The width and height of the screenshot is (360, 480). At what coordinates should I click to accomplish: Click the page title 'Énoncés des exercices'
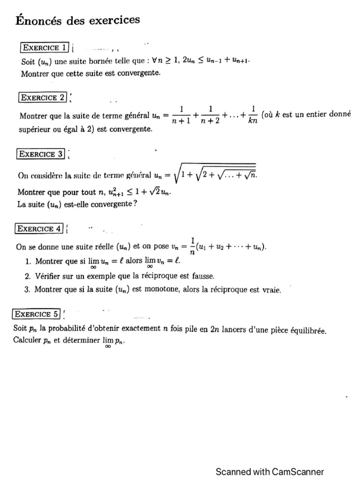pos(78,20)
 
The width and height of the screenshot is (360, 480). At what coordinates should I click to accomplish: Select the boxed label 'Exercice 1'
pos(45,47)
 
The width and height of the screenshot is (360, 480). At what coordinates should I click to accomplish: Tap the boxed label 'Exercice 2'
pos(43,97)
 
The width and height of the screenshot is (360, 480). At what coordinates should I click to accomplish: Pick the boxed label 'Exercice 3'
pos(41,154)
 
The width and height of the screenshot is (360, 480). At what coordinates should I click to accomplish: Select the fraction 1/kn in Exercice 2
pos(253,115)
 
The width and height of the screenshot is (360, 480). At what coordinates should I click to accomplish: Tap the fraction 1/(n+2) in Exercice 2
pos(210,115)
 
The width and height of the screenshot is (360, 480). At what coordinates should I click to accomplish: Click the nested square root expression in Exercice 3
pos(215,174)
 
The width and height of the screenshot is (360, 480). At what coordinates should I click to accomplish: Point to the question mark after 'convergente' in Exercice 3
pos(135,204)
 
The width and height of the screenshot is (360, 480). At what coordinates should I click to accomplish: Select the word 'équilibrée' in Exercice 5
pos(307,330)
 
